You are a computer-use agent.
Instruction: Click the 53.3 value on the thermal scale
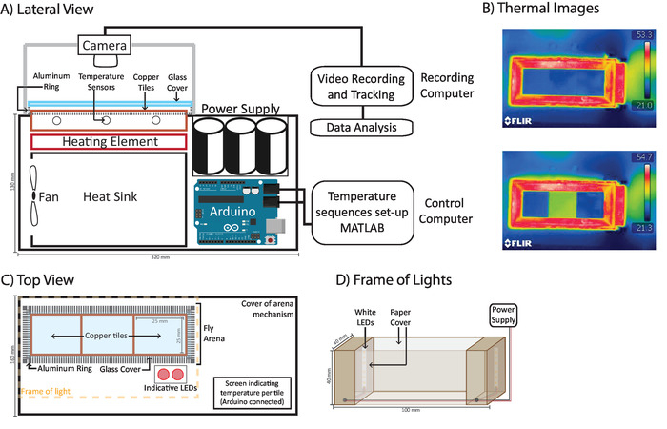coord(643,33)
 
